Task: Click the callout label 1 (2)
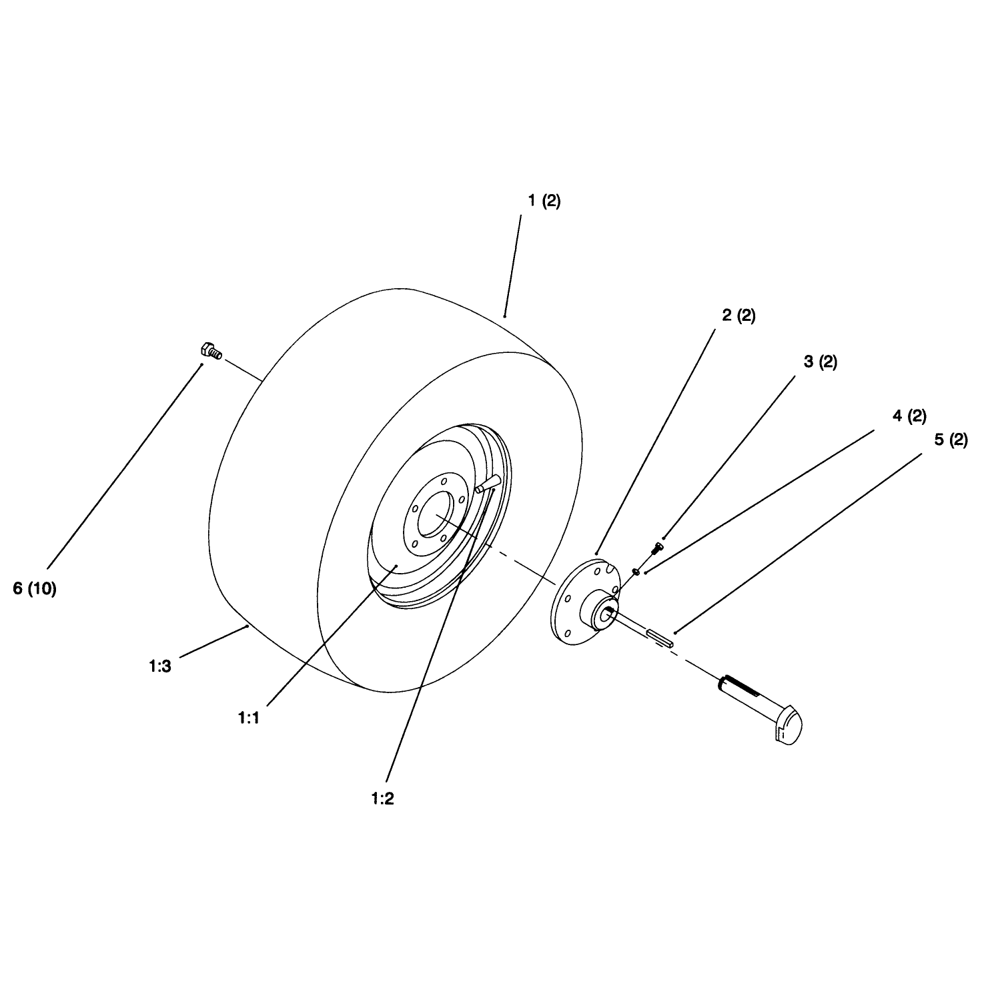[x=544, y=201]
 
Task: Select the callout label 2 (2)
[x=738, y=316]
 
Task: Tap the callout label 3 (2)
[x=820, y=362]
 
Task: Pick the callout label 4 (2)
[x=909, y=416]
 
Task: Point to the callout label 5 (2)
[x=951, y=441]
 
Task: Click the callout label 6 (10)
[x=35, y=588]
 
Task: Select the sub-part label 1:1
[x=248, y=718]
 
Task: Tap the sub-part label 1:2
[x=382, y=799]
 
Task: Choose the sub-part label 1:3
[x=160, y=666]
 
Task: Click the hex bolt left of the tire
[x=211, y=350]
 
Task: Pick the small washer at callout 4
[x=636, y=571]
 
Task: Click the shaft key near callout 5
[x=661, y=638]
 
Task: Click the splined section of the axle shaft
[x=742, y=685]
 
